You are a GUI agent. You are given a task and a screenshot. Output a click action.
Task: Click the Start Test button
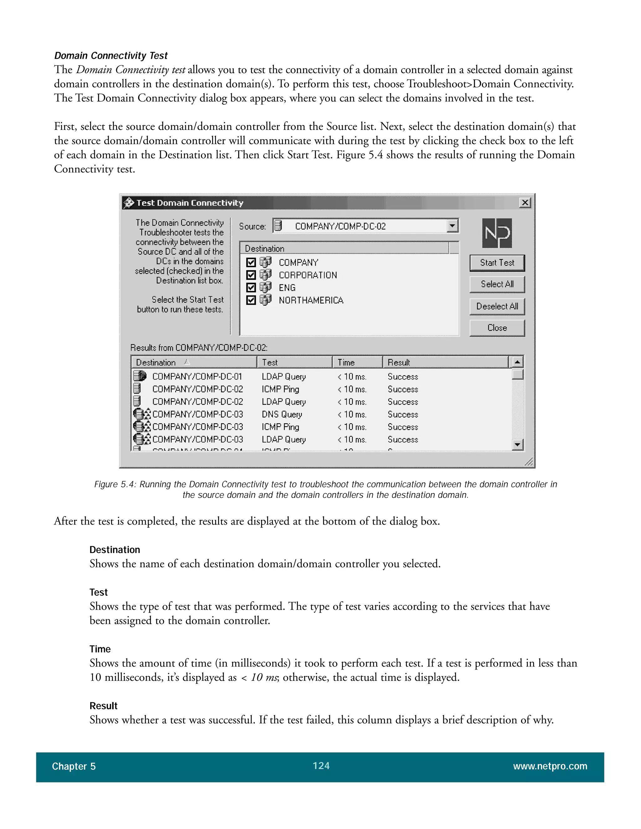pyautogui.click(x=497, y=263)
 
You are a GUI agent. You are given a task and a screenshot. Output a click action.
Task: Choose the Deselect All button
pyautogui.click(x=497, y=306)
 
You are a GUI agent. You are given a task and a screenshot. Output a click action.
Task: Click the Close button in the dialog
pyautogui.click(x=497, y=328)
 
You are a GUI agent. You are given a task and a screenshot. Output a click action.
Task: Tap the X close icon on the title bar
pyautogui.click(x=525, y=203)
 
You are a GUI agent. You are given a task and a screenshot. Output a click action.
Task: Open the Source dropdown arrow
pyautogui.click(x=452, y=226)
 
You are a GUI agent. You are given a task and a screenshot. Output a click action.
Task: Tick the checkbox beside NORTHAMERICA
pyautogui.click(x=251, y=300)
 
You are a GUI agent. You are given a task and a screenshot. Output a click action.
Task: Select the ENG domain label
pyautogui.click(x=287, y=288)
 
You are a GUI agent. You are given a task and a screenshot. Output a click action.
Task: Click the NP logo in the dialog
pyautogui.click(x=497, y=233)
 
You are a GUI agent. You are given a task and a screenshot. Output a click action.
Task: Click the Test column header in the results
pyautogui.click(x=294, y=363)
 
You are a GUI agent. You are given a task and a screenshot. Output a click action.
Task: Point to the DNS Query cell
pyautogui.click(x=282, y=414)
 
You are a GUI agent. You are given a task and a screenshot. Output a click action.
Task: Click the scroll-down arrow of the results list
pyautogui.click(x=517, y=444)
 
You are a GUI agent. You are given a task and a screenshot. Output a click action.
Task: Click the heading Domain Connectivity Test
pyautogui.click(x=110, y=56)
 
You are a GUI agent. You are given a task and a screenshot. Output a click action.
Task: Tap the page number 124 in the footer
pyautogui.click(x=321, y=765)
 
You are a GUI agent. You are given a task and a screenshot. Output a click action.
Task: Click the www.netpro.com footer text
pyautogui.click(x=550, y=766)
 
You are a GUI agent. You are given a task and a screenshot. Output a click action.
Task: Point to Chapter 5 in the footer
pyautogui.click(x=74, y=766)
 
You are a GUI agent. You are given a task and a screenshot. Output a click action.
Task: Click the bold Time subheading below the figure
pyautogui.click(x=100, y=649)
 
